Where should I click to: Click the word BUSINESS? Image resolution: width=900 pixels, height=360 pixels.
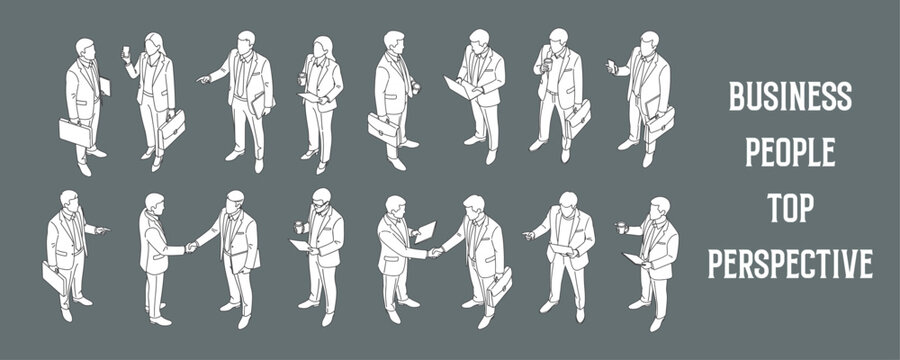(x=790, y=97)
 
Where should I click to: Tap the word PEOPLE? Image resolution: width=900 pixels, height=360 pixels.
(x=790, y=153)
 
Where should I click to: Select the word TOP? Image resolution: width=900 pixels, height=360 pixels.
(x=790, y=208)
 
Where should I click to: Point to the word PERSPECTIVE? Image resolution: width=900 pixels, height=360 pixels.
(x=790, y=264)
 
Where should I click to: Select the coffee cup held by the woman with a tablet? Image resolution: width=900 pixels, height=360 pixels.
(x=302, y=78)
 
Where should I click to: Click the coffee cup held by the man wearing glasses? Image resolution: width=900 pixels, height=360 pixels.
(x=299, y=227)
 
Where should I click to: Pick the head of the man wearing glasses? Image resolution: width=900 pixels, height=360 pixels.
(x=320, y=198)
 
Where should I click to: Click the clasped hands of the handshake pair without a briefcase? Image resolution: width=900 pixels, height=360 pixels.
(x=190, y=247)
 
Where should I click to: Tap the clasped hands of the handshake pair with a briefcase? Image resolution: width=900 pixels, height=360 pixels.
(x=435, y=253)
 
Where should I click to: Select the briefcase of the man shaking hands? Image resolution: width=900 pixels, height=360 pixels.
(x=499, y=287)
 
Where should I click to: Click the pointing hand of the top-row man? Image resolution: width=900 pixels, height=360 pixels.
(x=202, y=78)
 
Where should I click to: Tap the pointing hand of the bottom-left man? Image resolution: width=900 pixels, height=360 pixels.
(x=103, y=230)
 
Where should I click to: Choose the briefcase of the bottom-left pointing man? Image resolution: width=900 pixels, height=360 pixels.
(x=53, y=279)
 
